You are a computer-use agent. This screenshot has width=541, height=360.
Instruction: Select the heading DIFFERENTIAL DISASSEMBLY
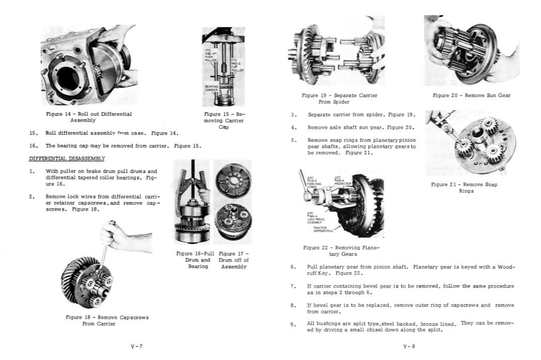point(66,158)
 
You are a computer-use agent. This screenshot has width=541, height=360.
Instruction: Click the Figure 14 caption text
point(89,117)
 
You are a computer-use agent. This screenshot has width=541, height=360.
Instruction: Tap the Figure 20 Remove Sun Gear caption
point(472,96)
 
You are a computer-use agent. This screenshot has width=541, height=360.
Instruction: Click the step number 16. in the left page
point(34,146)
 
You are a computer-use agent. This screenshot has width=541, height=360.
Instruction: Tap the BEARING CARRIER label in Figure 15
point(211,88)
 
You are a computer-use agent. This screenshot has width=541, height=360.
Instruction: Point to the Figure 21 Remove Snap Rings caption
point(464,188)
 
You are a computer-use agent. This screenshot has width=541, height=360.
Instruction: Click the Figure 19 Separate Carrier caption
point(339,98)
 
